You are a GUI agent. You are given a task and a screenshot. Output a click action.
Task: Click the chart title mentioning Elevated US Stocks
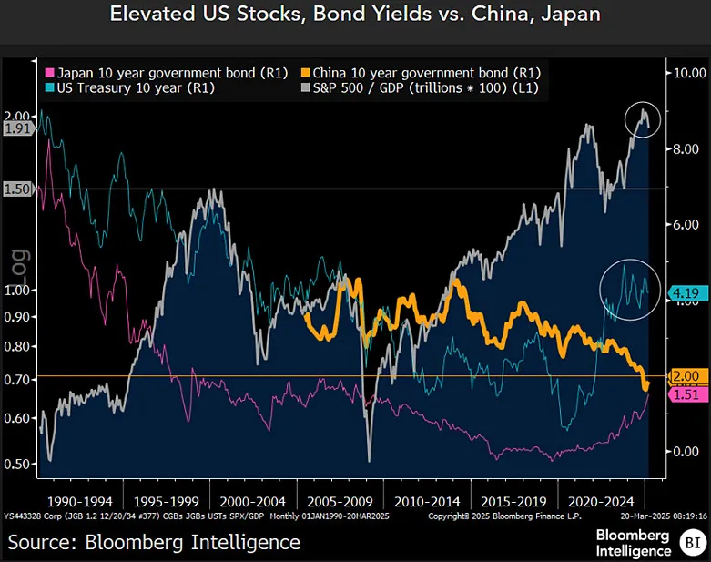pyautogui.click(x=355, y=15)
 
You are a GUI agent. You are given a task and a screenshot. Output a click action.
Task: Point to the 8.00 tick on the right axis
pyautogui.click(x=686, y=149)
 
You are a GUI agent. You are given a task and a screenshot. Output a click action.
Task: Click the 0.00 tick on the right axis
pyautogui.click(x=686, y=452)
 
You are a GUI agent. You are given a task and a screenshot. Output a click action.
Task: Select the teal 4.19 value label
pyautogui.click(x=686, y=292)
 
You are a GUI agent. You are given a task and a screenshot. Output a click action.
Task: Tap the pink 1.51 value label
pyautogui.click(x=686, y=394)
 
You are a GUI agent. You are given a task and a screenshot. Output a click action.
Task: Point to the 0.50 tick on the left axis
pyautogui.click(x=18, y=465)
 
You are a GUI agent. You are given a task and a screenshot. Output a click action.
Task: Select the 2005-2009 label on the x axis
pyautogui.click(x=340, y=501)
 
